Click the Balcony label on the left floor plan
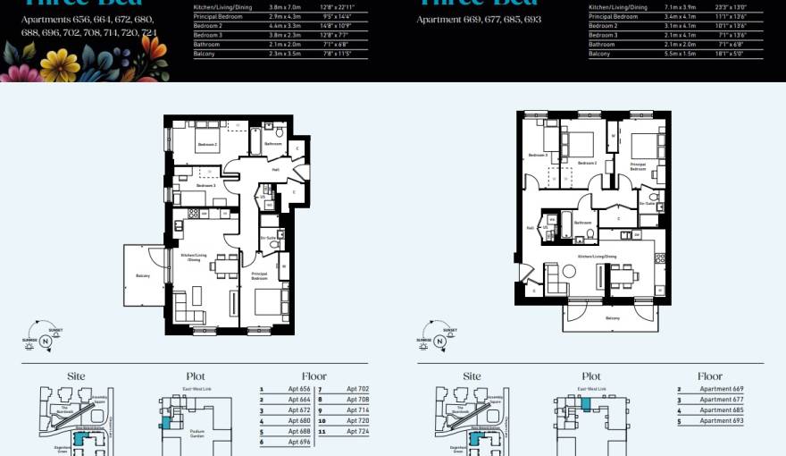pos(142,275)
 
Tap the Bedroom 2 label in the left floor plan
pos(207,143)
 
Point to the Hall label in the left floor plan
pos(276,168)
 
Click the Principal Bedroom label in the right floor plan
pos(638,165)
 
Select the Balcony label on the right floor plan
pos(613,317)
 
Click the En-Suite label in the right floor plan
pos(648,204)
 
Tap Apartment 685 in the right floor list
pos(721,410)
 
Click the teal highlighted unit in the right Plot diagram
pos(585,404)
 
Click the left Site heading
pos(76,376)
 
